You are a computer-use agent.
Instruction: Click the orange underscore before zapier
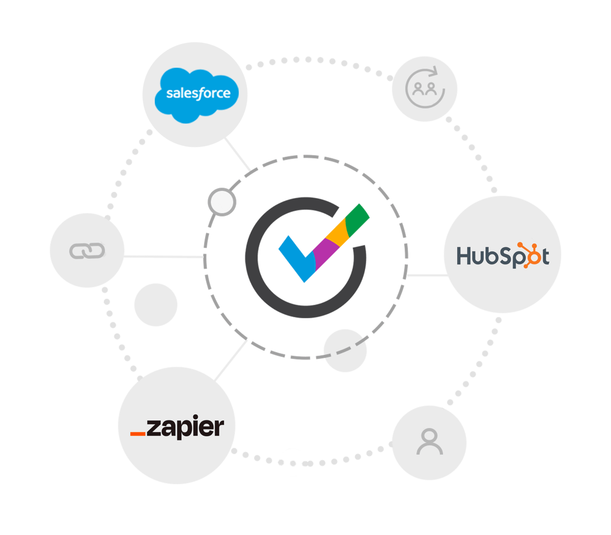tap(138, 433)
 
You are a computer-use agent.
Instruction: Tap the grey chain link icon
tap(87, 251)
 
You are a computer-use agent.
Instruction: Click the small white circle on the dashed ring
tap(221, 202)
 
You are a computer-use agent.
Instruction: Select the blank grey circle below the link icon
tap(156, 305)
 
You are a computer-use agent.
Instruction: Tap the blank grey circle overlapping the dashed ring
tap(345, 351)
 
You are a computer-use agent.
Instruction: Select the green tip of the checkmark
tap(358, 217)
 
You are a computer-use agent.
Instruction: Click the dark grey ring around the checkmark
tap(256, 283)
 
